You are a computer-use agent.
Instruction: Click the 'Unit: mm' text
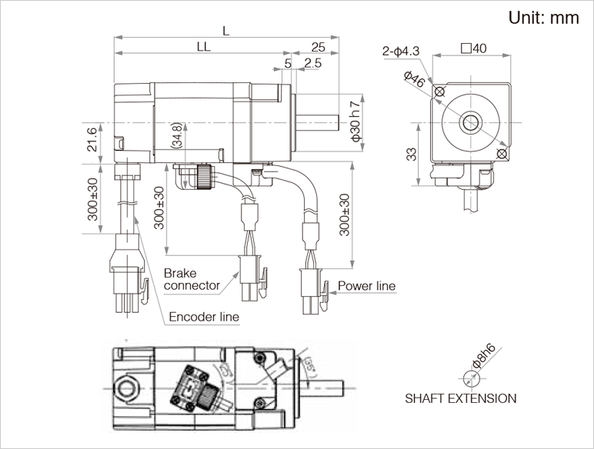(x=543, y=18)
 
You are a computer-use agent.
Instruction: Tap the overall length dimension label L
(x=225, y=31)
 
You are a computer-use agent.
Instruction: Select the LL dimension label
(x=203, y=47)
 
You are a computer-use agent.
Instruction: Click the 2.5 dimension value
(x=312, y=63)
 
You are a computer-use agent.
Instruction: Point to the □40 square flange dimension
(x=473, y=48)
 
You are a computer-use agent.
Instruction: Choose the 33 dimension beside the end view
(x=412, y=154)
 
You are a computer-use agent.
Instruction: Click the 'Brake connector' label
(x=192, y=279)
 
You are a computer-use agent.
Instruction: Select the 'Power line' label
(x=367, y=286)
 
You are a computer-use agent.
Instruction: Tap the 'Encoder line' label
(x=204, y=316)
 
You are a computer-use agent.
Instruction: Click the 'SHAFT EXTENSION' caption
(x=461, y=398)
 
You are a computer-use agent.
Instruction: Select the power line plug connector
(x=312, y=290)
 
